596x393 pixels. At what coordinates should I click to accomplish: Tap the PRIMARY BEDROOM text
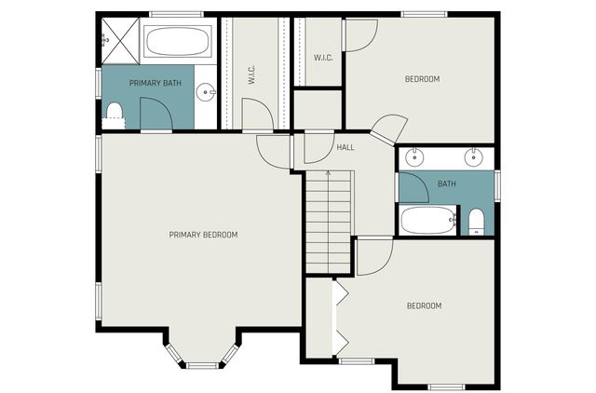pos(203,235)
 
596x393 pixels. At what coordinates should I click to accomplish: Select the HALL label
pos(345,147)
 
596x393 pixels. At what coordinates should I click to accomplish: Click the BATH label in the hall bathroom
pos(447,184)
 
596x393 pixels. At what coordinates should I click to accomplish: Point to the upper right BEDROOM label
pos(422,79)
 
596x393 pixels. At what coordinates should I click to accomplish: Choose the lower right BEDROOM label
pos(424,305)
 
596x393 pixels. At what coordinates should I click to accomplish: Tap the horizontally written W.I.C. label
pos(323,58)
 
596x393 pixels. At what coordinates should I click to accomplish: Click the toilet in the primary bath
pos(115,113)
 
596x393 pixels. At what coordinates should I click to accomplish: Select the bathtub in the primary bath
pos(178,42)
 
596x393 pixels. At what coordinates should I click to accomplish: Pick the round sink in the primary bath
pos(205,91)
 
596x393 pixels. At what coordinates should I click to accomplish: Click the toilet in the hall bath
pos(476,221)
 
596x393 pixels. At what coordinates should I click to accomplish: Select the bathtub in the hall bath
pos(427,221)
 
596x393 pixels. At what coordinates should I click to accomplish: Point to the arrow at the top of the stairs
pos(328,173)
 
